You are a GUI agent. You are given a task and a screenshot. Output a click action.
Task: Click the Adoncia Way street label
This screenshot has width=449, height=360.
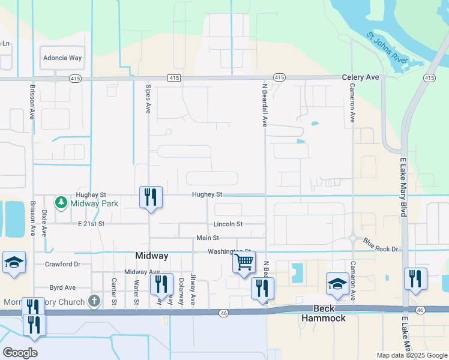(x=62, y=58)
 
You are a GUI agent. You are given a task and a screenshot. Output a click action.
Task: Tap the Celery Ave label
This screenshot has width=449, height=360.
(x=360, y=77)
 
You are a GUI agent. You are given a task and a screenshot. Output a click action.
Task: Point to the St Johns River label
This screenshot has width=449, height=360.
(x=388, y=48)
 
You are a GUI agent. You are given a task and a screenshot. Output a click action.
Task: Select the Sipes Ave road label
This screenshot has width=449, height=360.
(x=148, y=99)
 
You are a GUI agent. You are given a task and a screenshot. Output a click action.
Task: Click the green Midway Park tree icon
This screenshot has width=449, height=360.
(x=61, y=203)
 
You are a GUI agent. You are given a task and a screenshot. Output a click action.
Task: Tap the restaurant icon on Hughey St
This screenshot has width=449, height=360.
(x=150, y=197)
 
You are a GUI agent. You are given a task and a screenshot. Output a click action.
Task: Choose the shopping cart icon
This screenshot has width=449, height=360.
(x=244, y=262)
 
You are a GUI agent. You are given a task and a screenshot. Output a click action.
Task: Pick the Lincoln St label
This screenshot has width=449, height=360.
(x=228, y=224)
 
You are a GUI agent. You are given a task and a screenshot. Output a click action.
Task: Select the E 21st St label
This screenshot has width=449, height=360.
(x=91, y=224)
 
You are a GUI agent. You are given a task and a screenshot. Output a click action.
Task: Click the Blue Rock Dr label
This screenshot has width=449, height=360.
(x=381, y=245)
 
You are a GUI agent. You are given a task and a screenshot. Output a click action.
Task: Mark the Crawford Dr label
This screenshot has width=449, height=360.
(x=62, y=264)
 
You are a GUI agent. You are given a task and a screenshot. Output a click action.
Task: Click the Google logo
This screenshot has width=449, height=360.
(x=20, y=353)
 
